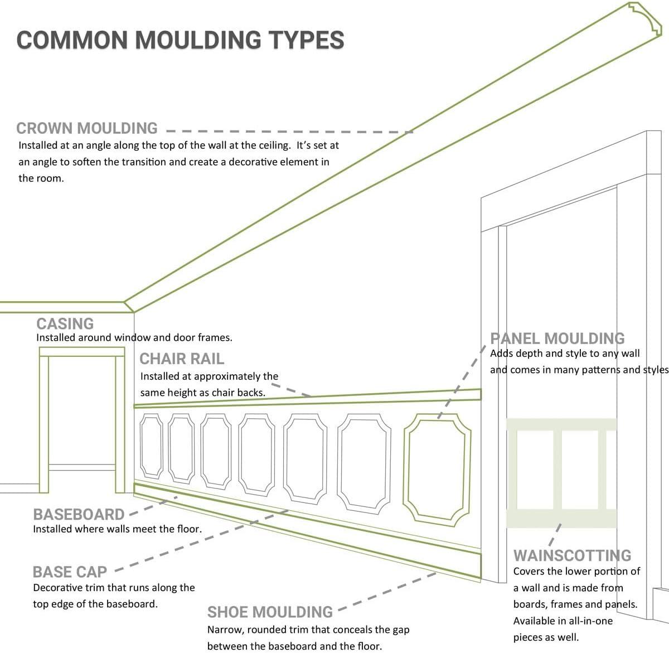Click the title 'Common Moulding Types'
click(180, 40)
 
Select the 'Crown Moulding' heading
click(87, 128)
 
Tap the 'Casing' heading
click(65, 324)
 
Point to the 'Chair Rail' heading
click(181, 359)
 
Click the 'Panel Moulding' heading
click(557, 338)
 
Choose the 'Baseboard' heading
click(79, 514)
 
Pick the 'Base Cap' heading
click(70, 572)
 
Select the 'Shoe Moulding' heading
click(270, 612)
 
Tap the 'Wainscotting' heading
click(572, 555)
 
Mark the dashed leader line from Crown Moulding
click(290, 132)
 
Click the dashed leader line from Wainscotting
click(555, 534)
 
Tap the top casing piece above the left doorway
click(81, 351)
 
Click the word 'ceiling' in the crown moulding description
click(273, 146)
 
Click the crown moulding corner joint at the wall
click(129, 306)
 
